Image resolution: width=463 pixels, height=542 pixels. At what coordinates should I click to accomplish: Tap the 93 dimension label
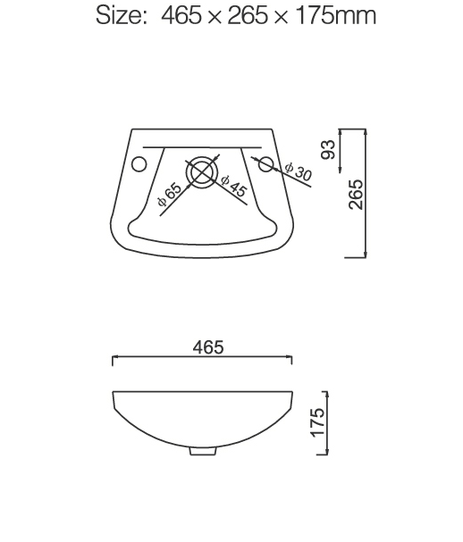(328, 149)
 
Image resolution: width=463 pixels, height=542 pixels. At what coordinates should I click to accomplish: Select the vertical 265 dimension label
(356, 194)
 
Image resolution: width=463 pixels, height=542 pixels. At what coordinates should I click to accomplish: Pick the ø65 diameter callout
(169, 195)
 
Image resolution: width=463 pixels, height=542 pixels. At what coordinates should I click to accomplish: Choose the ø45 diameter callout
(231, 185)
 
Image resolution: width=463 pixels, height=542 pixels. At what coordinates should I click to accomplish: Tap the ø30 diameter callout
(298, 171)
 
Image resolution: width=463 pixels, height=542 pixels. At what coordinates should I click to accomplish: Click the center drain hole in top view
(203, 172)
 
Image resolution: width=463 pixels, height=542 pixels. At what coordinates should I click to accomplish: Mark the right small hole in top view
(265, 163)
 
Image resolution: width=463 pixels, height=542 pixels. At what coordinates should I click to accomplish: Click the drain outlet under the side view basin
(203, 451)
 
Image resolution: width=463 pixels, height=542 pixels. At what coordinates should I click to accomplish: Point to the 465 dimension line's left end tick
(113, 359)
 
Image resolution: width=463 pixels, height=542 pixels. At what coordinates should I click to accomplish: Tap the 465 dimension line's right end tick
(292, 359)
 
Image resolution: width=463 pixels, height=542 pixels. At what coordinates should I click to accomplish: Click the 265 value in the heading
(247, 17)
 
